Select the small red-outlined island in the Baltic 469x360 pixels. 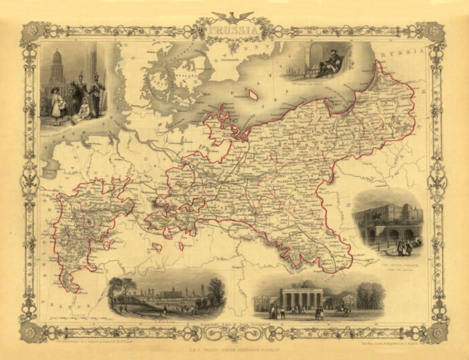[253, 96]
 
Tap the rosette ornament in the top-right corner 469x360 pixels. [435, 30]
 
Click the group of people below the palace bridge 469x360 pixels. [405, 247]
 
